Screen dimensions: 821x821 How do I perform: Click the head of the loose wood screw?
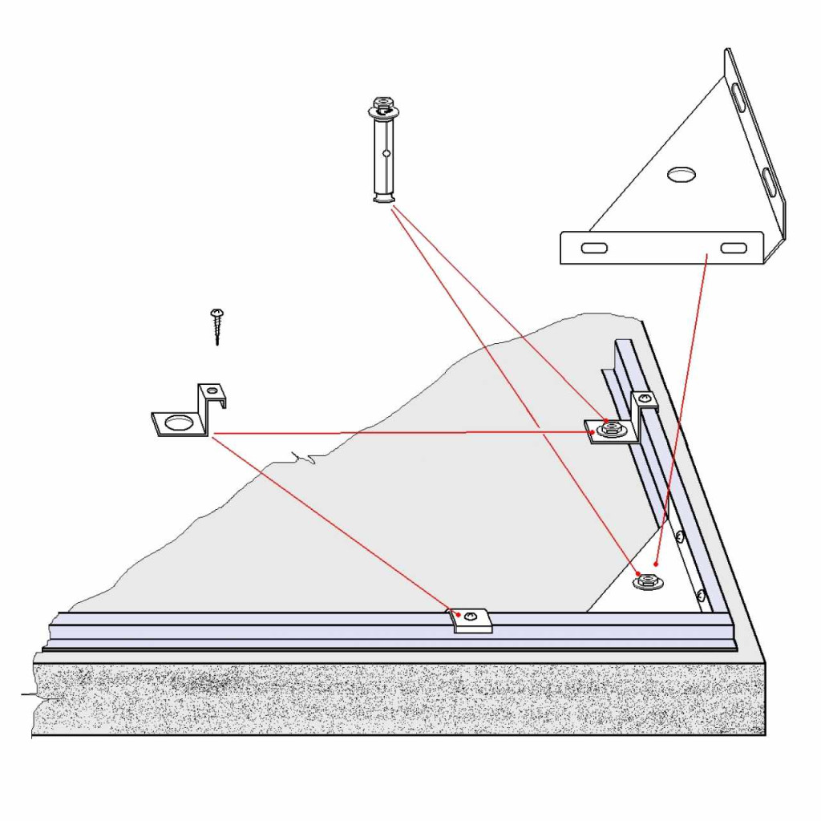tap(216, 312)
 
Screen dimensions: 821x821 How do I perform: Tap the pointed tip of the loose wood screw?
tap(217, 344)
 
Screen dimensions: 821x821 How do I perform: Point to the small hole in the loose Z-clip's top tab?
tap(212, 390)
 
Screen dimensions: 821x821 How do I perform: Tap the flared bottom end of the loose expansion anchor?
tap(384, 200)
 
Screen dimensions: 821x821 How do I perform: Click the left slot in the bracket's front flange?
tap(594, 248)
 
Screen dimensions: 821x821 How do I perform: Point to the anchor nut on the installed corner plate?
tap(646, 582)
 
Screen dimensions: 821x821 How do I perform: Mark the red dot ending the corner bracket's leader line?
tap(656, 564)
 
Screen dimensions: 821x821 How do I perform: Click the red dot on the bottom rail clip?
tap(459, 615)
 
